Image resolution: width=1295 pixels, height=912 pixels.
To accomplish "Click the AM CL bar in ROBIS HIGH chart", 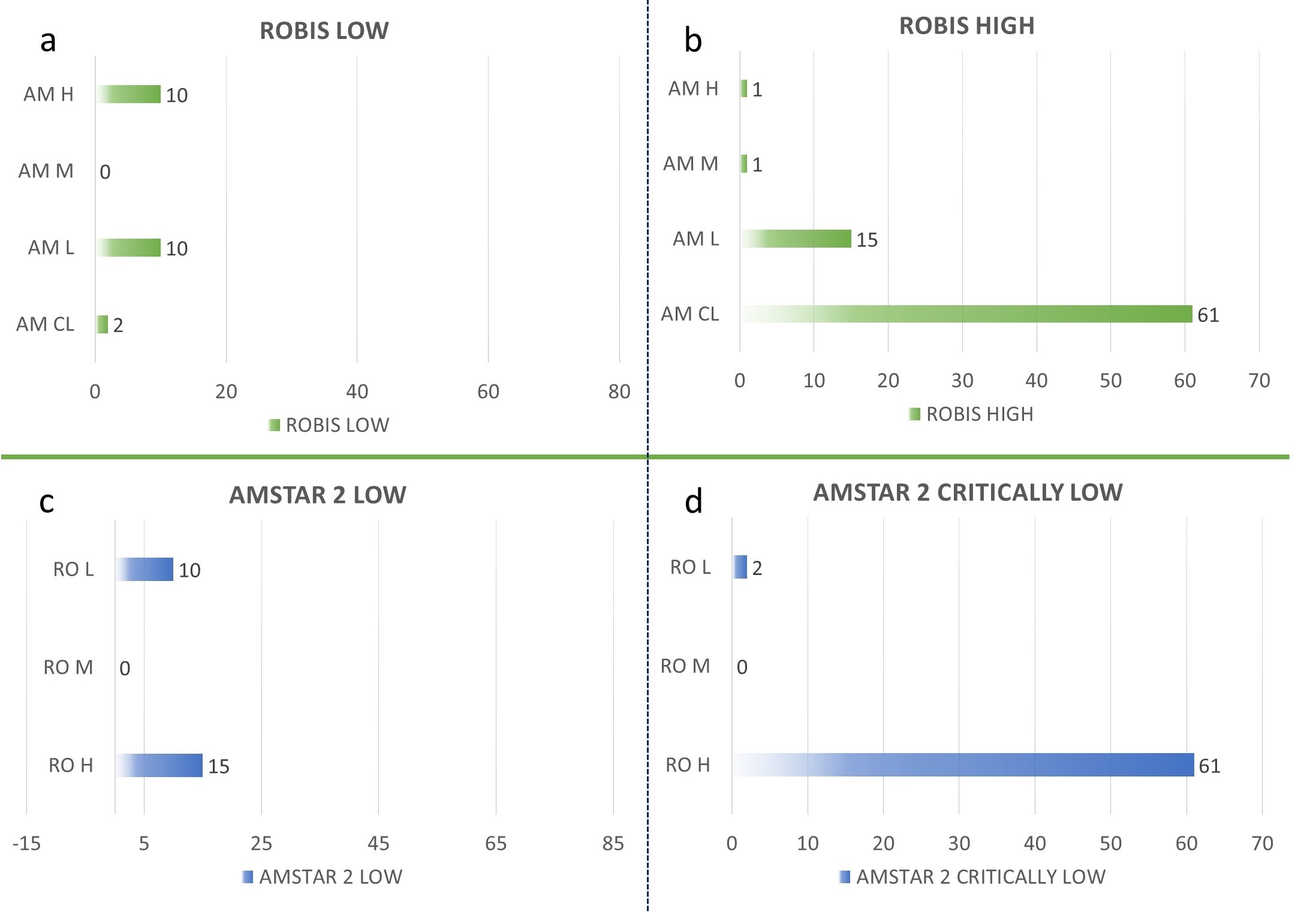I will click(966, 314).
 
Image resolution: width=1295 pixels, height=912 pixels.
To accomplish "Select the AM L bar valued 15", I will click(796, 239).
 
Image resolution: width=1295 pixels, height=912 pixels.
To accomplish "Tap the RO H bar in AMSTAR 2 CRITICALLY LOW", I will click(963, 764).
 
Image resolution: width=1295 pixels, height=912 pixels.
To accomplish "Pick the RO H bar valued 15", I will click(159, 765).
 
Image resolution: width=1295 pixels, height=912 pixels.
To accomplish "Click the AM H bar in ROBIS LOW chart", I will click(128, 94).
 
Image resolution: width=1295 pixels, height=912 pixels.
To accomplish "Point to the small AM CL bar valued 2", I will click(102, 324).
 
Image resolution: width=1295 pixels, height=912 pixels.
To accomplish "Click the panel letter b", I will click(693, 41).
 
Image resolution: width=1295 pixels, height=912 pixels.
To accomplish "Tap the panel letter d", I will click(693, 501).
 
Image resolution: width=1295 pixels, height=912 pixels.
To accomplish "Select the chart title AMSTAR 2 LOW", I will click(318, 495).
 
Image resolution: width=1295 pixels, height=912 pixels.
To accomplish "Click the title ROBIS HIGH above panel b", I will click(966, 26).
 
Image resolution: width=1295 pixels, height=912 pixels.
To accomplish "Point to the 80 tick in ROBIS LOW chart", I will click(619, 392).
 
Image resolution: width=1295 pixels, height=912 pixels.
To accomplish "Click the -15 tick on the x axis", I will click(26, 844).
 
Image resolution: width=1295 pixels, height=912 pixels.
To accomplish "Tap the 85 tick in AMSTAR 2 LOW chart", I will click(613, 844).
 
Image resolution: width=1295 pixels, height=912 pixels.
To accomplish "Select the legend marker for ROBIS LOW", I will click(275, 425).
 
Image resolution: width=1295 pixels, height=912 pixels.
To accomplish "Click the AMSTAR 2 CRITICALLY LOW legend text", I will click(980, 877).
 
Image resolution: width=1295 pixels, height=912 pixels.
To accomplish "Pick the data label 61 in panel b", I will click(1207, 315).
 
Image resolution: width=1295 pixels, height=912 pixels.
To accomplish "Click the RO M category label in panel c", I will click(68, 667).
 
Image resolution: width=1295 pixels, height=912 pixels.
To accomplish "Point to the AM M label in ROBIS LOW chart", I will click(46, 171).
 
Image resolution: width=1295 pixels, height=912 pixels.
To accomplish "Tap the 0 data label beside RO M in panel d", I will click(742, 667).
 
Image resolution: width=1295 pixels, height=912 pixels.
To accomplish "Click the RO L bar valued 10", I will click(144, 569).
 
